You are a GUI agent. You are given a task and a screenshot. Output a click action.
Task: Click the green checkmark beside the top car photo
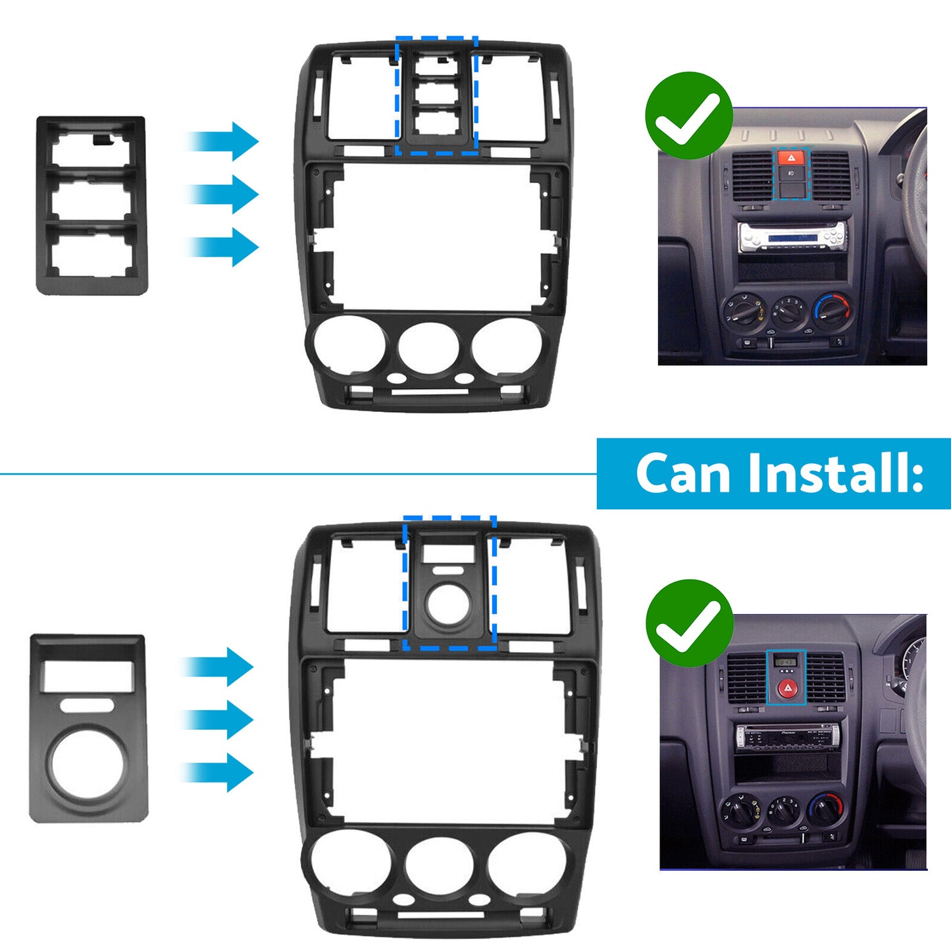coord(688,116)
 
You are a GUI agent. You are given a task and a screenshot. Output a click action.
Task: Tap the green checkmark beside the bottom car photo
coord(688,623)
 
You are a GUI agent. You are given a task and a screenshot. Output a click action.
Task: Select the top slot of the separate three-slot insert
coord(92,150)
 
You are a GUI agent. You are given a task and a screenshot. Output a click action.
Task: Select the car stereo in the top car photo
coord(792,238)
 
